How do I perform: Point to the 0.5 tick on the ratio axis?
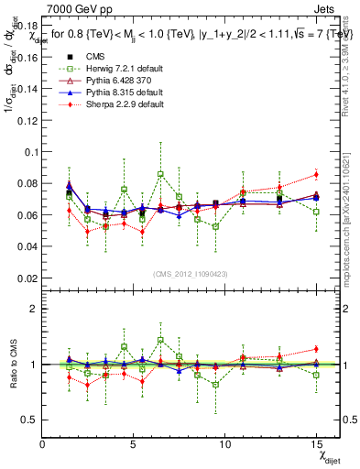point(27,419)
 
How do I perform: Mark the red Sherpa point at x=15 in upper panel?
point(315,174)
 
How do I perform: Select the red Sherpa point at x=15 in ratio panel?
point(315,349)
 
